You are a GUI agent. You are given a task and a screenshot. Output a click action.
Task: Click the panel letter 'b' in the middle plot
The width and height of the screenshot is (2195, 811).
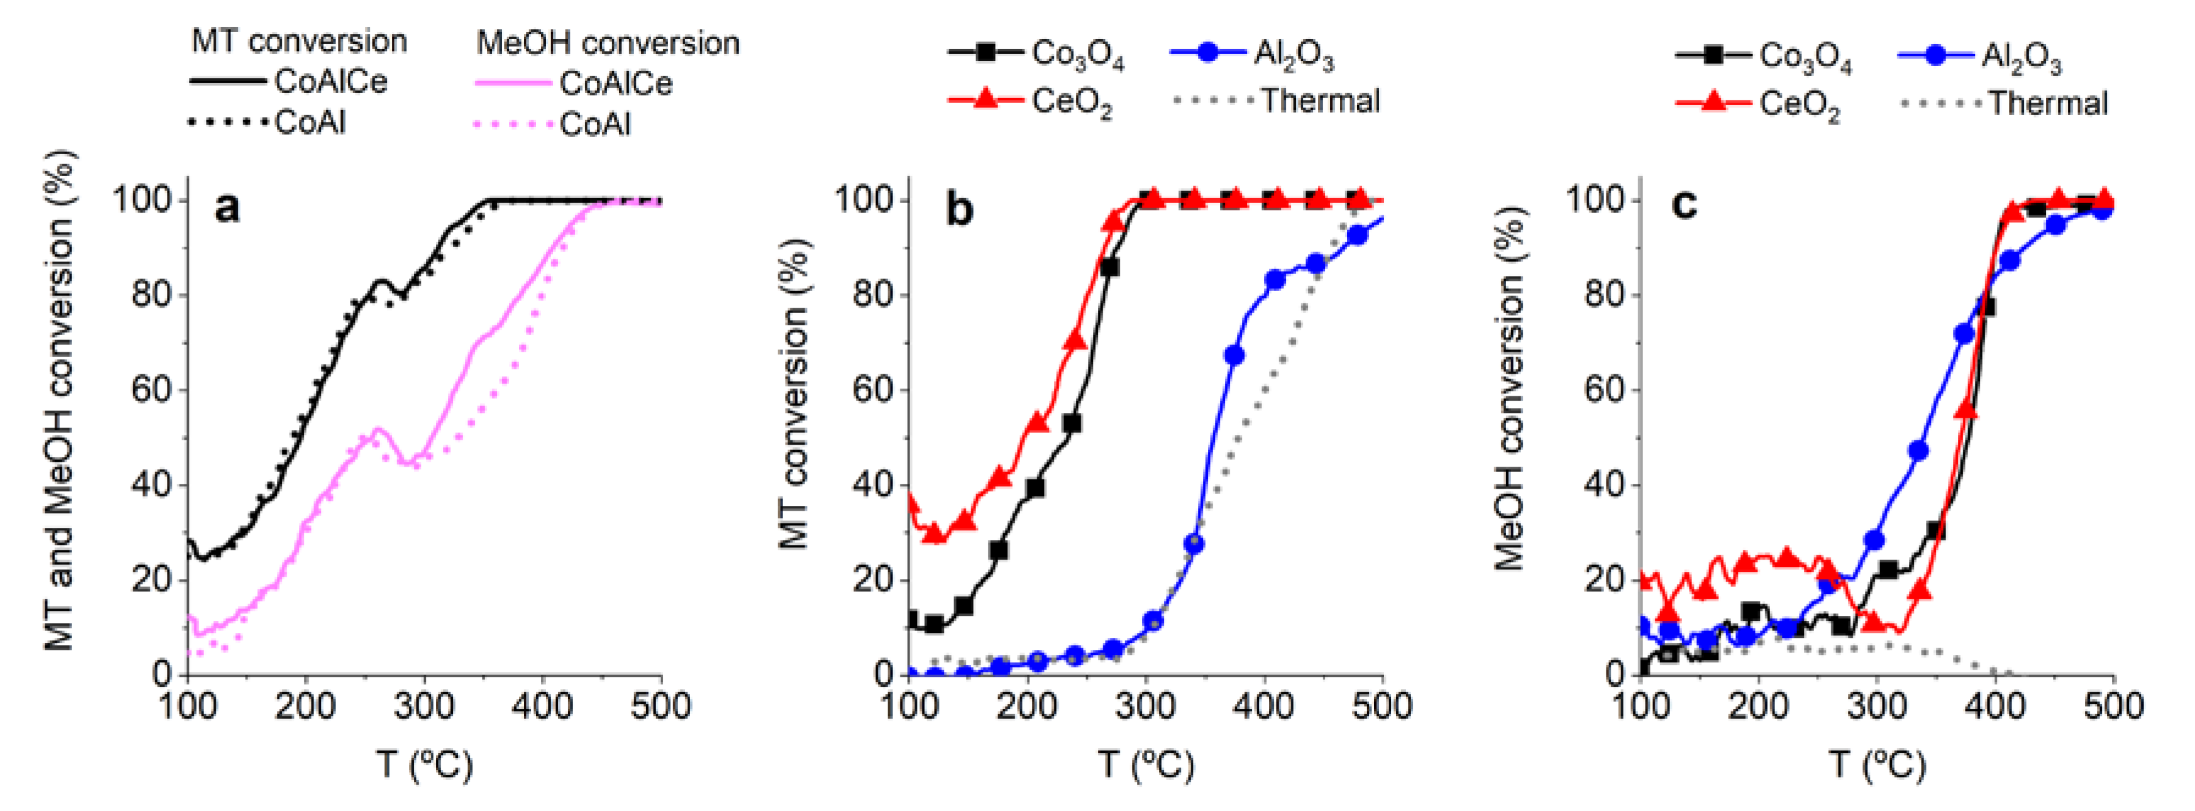960,209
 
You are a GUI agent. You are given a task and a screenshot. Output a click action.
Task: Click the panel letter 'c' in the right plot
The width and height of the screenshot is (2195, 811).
1685,205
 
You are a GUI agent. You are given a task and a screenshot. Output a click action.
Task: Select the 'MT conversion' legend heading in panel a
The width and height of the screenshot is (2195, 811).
299,41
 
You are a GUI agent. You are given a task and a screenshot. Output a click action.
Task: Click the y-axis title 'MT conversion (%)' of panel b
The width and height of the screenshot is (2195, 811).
794,392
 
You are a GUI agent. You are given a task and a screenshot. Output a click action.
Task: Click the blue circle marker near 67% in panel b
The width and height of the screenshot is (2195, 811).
1233,355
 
